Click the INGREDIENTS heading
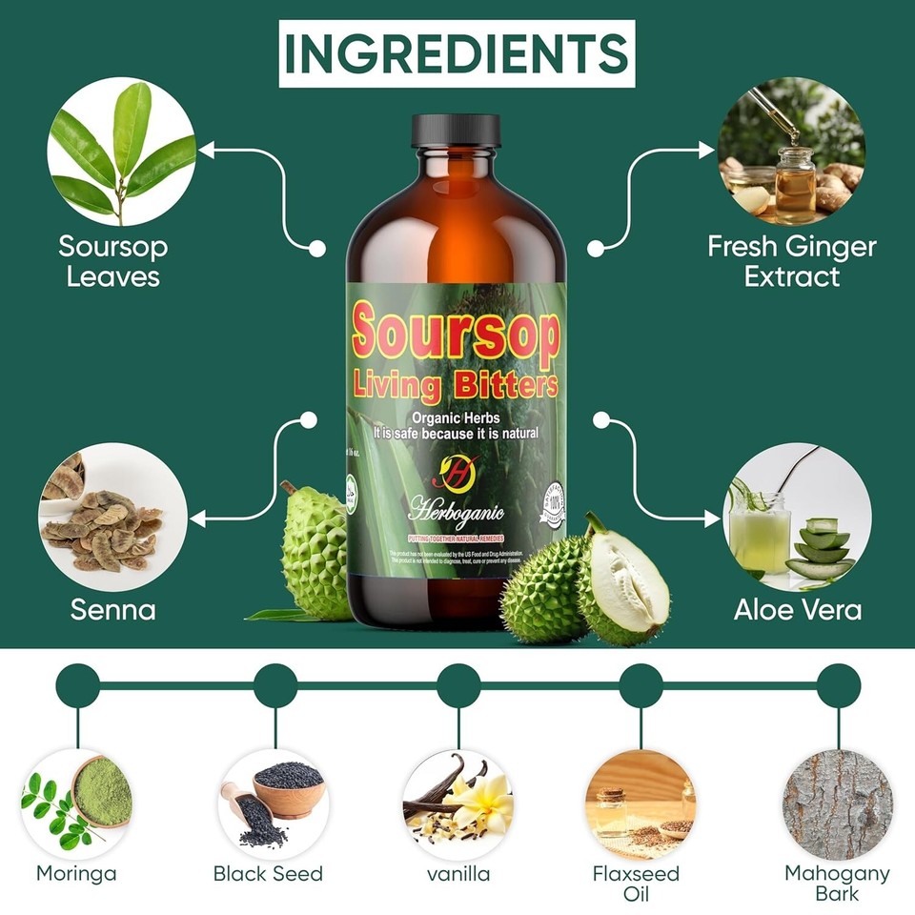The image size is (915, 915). (457, 52)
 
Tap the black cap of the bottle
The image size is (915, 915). (456, 132)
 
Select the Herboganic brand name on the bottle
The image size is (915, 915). (457, 512)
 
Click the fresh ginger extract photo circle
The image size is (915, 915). (791, 152)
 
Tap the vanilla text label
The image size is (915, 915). (458, 873)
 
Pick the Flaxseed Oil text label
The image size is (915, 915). (636, 883)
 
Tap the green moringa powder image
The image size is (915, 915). (100, 791)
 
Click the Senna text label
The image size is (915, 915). (112, 609)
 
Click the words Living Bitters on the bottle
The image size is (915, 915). (456, 386)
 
